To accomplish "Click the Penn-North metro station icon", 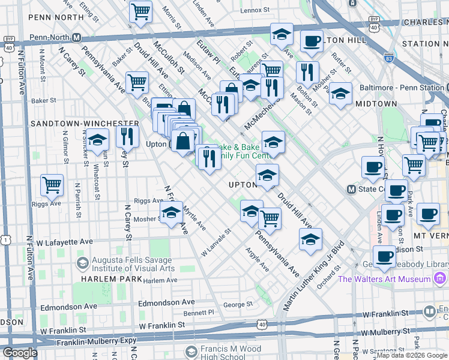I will tap(76, 37).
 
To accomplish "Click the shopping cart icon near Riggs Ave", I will tap(52, 185).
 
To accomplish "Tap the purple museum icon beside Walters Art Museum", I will tap(439, 278).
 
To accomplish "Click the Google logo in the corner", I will tap(20, 353).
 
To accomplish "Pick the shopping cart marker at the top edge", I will tap(140, 11).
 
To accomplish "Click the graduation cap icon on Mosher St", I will tap(172, 213).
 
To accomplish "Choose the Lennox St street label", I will tap(255, 10).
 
